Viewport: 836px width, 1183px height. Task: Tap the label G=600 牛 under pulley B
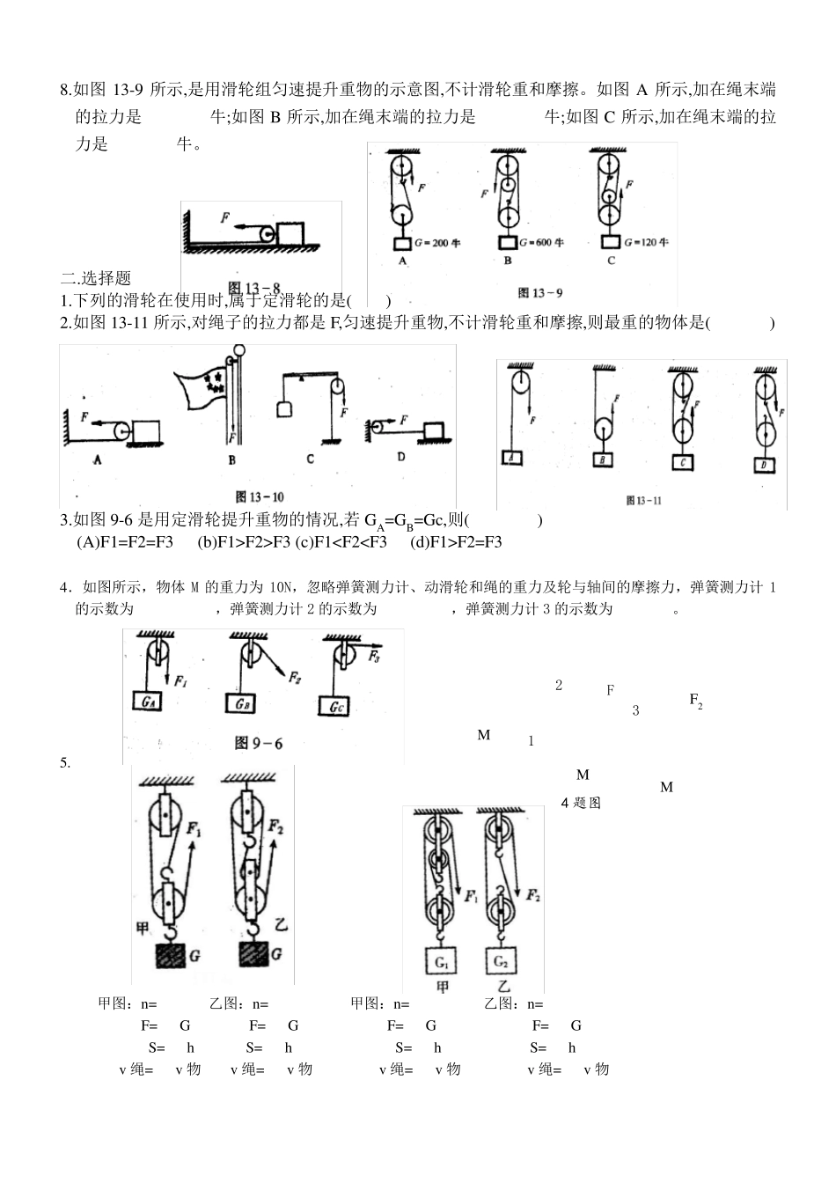pos(541,242)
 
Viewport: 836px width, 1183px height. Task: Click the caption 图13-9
pos(539,293)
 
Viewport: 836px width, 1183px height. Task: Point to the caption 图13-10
pos(260,496)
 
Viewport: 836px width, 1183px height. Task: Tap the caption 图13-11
pos(643,500)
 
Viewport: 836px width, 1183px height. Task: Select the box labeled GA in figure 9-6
pos(150,702)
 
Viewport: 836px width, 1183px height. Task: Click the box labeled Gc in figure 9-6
pos(337,706)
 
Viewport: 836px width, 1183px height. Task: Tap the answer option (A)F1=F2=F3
pos(126,541)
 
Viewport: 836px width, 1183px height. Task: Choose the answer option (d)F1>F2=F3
pos(456,541)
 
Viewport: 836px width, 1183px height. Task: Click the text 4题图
pos(581,803)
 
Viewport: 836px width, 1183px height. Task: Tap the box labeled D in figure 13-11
pos(765,465)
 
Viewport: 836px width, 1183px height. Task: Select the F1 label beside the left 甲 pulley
pos(194,829)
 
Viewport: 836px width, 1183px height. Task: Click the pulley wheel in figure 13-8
pos(265,233)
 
